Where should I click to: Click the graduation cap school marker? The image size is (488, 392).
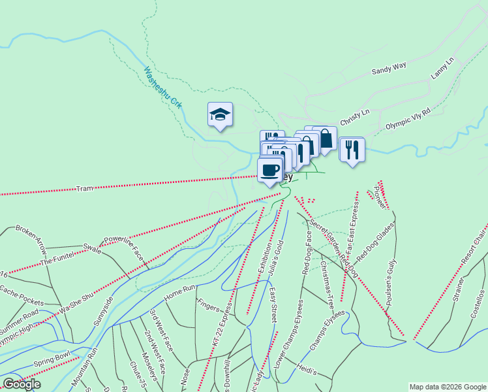click(221, 115)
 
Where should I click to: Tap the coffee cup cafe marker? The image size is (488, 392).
click(270, 171)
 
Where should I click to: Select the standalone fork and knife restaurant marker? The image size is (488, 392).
click(352, 150)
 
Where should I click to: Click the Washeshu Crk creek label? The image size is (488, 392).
click(163, 89)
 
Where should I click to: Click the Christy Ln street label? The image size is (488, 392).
click(354, 112)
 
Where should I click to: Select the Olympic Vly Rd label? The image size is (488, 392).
click(408, 120)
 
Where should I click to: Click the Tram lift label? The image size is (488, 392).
click(85, 188)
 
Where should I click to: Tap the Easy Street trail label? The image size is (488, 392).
click(273, 304)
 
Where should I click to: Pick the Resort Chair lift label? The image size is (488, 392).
click(473, 248)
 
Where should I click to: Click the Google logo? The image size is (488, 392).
click(22, 384)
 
